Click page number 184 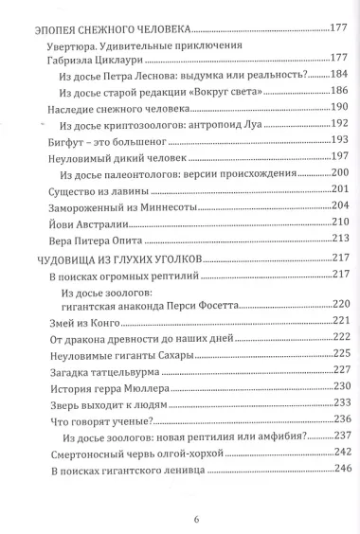340,73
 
